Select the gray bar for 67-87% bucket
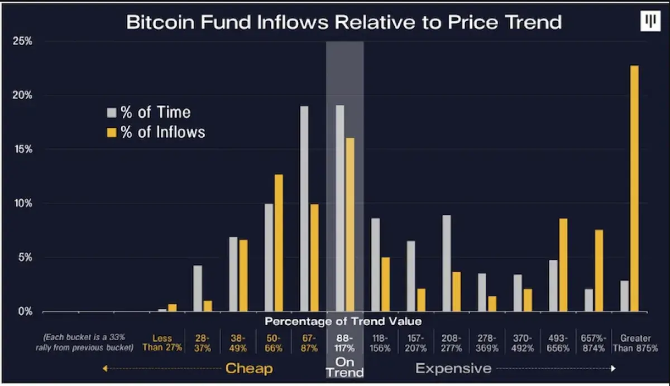[x=304, y=209]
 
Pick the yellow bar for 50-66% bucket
[x=279, y=243]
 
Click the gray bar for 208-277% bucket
[x=446, y=263]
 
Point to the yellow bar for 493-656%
[x=563, y=265]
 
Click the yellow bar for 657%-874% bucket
[x=599, y=271]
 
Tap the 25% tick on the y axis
[x=23, y=41]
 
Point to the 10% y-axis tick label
[x=23, y=204]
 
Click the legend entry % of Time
[x=149, y=112]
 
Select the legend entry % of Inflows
[x=156, y=132]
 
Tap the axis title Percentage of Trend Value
[x=343, y=321]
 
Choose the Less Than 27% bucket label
[x=162, y=343]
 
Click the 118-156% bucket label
[x=380, y=343]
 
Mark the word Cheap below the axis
[x=249, y=368]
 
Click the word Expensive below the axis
[x=453, y=368]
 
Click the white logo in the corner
[x=650, y=21]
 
